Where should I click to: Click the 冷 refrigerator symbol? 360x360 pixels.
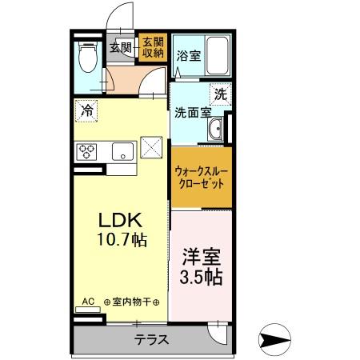tap(86, 110)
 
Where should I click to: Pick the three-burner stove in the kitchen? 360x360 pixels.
tap(86, 150)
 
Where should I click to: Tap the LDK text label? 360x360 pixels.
tap(120, 219)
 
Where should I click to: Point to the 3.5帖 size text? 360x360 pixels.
tap(201, 278)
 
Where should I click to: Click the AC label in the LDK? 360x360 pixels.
tap(88, 302)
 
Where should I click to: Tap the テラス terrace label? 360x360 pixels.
tap(151, 338)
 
